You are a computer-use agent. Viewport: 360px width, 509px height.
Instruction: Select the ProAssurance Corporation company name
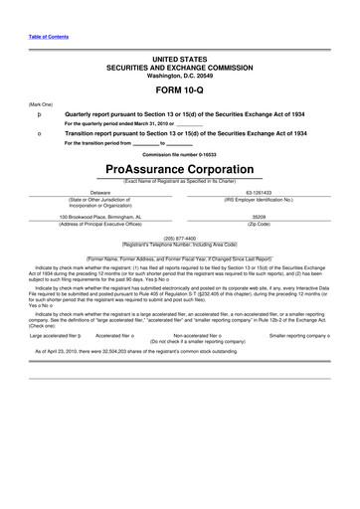pos(179,169)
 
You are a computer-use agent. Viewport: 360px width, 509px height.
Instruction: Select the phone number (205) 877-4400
pos(180,239)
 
